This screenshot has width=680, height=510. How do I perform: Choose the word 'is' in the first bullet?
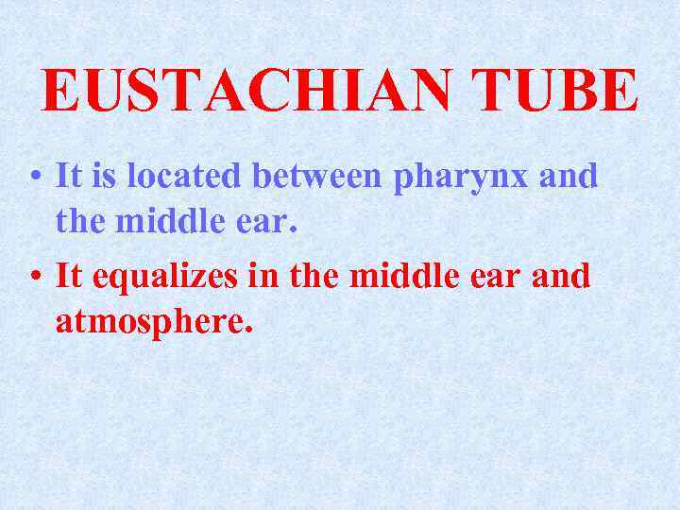(103, 176)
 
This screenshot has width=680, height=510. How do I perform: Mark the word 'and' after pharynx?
(569, 176)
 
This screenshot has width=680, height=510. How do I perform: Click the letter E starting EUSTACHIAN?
(59, 92)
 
